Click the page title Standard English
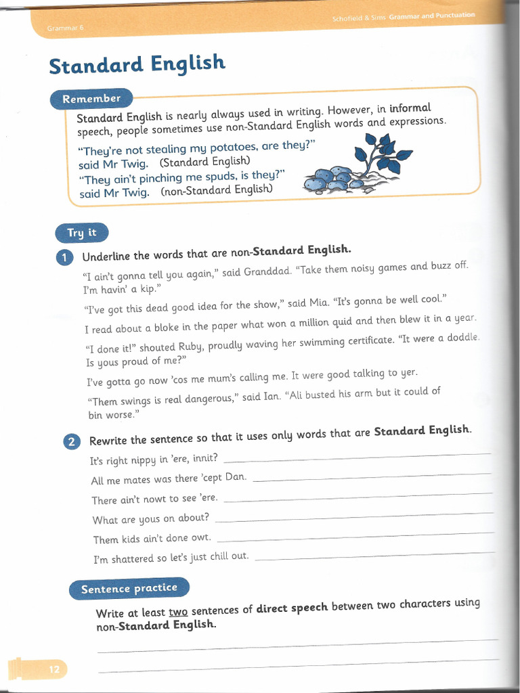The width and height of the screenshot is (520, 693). point(137,65)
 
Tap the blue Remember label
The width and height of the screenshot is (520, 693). point(91,99)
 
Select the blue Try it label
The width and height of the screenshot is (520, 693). point(81,233)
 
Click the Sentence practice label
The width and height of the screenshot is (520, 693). point(129,589)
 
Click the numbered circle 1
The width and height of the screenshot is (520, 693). point(64,257)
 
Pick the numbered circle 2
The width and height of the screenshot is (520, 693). point(71,442)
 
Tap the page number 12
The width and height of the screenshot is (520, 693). point(54,670)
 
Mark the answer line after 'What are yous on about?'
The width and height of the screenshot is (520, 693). point(352,517)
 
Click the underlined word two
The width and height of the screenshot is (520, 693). point(178,612)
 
